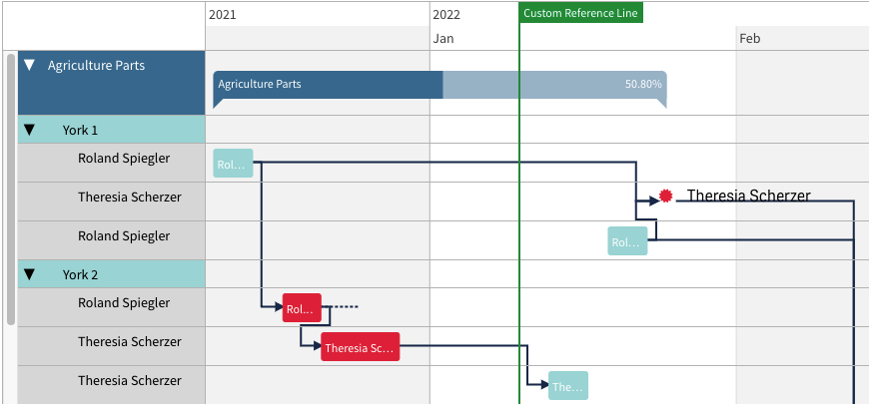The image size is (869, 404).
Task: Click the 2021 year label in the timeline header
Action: coord(222,14)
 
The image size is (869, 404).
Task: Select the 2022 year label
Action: coord(446,14)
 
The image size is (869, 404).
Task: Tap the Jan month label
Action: coord(442,38)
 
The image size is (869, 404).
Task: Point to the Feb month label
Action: coord(749,38)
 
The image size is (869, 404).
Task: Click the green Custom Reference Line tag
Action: coord(580,13)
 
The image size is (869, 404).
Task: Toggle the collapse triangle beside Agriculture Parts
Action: coord(29,65)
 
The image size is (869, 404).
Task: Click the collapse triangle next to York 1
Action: coord(29,130)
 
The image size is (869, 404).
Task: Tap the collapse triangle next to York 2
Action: coord(29,274)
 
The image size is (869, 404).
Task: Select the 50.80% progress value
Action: coord(643,84)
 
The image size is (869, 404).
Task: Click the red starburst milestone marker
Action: coord(665,196)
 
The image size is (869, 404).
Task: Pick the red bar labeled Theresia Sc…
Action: coord(361,347)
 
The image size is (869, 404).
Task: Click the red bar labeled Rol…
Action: coord(302,307)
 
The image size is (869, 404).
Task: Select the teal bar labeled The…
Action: coord(568,386)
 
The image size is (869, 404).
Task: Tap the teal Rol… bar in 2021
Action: coord(234,164)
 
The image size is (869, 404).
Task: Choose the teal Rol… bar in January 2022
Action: coord(627,240)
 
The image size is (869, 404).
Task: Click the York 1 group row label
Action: coord(80,130)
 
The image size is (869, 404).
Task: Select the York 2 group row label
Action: coord(80,274)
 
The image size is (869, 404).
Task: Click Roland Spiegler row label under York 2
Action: coord(124,302)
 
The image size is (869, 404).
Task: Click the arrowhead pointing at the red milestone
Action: coord(654,201)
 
